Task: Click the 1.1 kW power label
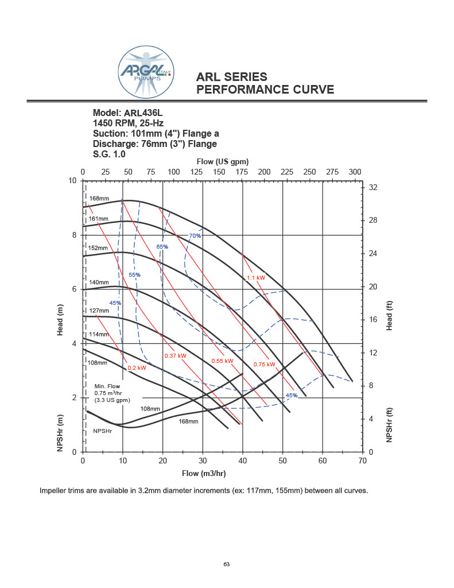coord(255,278)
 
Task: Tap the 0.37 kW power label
coord(175,356)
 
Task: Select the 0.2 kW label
coord(137,367)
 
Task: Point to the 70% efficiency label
coord(195,236)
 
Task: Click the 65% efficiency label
coord(162,247)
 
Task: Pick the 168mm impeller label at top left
coord(99,199)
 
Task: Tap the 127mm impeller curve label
coord(99,311)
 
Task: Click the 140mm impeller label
coord(99,283)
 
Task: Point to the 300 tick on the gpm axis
coord(355,172)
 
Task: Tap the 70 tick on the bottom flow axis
coord(362,461)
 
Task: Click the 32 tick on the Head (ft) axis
coord(372,188)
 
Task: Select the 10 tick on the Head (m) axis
coord(72,181)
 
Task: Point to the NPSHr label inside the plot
coord(103,431)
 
